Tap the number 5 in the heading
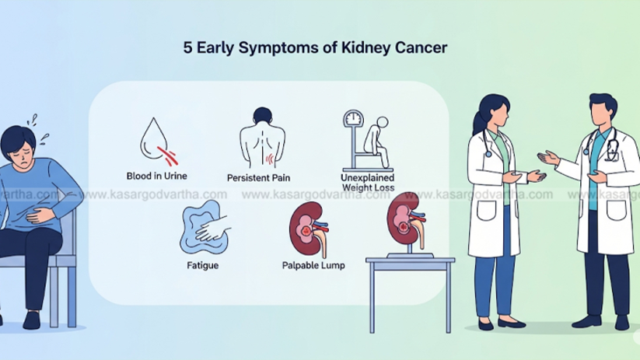pyautogui.click(x=187, y=47)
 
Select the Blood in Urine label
pyautogui.click(x=157, y=176)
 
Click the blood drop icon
pyautogui.click(x=157, y=142)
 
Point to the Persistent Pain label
pyautogui.click(x=258, y=178)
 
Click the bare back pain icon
pyautogui.click(x=262, y=138)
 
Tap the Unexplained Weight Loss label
pyautogui.click(x=368, y=183)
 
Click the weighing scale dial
pyautogui.click(x=352, y=118)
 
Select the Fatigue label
pyautogui.click(x=202, y=265)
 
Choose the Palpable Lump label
pyautogui.click(x=313, y=265)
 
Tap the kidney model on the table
pyautogui.click(x=406, y=222)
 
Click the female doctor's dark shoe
pyautogui.click(x=511, y=323)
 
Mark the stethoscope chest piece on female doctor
pyautogui.click(x=488, y=154)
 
